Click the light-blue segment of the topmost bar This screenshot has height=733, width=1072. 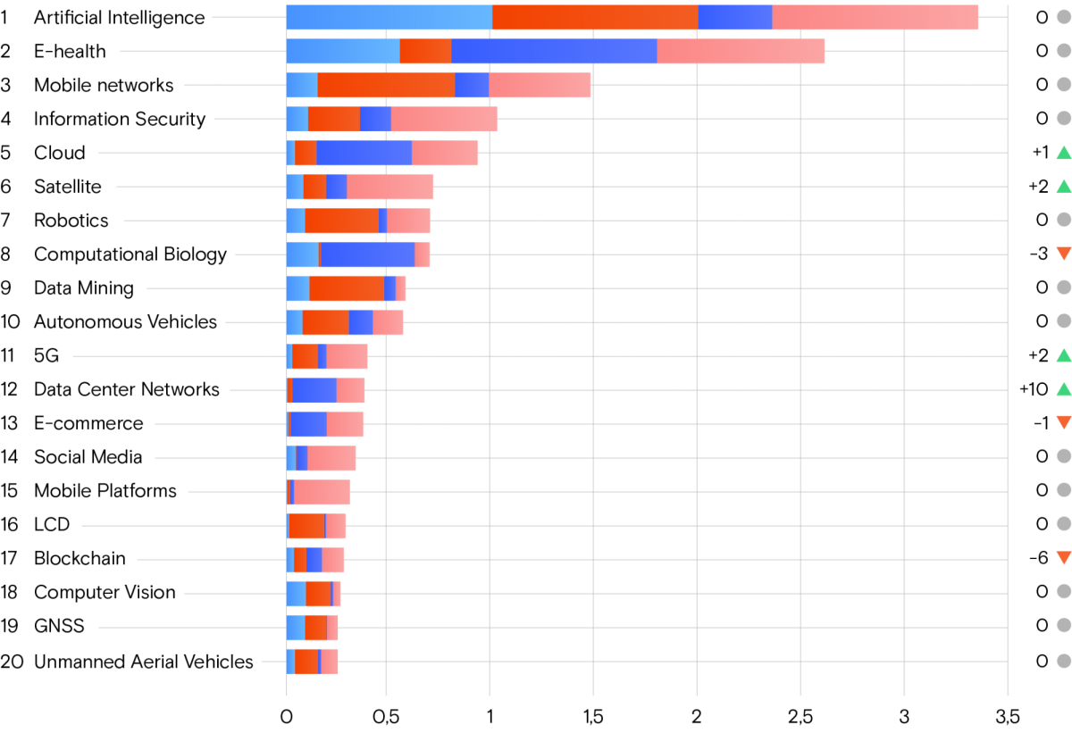coord(389,17)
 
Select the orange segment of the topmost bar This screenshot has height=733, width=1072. coord(595,17)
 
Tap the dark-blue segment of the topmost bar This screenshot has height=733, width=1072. coord(734,17)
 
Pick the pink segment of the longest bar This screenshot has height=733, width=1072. coord(875,17)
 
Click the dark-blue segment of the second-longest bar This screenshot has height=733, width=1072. coord(554,51)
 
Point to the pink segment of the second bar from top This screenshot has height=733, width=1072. coord(741,51)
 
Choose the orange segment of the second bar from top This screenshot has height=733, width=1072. coord(425,51)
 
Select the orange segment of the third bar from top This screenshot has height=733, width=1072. coord(386,85)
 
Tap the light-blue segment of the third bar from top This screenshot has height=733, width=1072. coord(302,85)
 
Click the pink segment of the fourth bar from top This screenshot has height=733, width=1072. coord(444,119)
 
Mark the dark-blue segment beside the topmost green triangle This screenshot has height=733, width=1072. coord(364,153)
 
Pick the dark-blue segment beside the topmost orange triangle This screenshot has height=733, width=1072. coord(367,254)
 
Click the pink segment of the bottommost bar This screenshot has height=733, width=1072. coord(330,662)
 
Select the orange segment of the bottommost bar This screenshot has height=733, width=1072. coord(306,662)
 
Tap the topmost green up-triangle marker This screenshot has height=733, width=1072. coord(1063,153)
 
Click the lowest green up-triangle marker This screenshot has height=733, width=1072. coord(1063,389)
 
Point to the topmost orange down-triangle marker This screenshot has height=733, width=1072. coord(1063,254)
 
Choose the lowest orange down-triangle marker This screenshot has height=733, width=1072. coord(1063,558)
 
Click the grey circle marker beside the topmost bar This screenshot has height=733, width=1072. coord(1063,17)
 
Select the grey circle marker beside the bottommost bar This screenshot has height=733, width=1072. coord(1063,661)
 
